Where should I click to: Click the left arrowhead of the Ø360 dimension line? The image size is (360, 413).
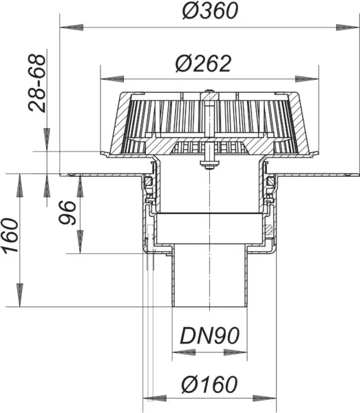[x=67, y=28]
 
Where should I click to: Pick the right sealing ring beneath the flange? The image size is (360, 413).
[x=271, y=181]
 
